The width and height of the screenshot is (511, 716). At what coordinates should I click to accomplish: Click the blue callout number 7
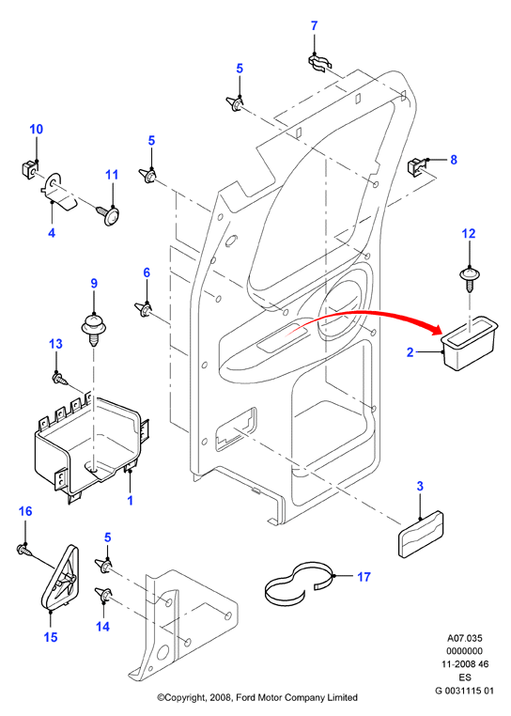coord(314,26)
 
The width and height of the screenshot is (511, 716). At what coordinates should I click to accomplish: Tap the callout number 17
coord(364,577)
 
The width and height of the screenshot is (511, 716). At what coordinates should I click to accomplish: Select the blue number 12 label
coord(469,234)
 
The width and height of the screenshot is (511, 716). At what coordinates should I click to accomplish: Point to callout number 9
coord(94,284)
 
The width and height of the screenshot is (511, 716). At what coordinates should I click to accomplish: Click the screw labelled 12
coord(469,280)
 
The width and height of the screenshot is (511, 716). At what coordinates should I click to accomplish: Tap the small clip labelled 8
coord(415,165)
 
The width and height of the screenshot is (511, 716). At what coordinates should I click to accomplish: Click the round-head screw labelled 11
coord(108,214)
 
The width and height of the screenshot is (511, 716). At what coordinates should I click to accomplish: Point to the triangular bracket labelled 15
coord(61,577)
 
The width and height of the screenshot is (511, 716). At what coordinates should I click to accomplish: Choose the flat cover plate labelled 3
coord(421,534)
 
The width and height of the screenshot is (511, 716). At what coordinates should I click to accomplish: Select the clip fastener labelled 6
coord(144,309)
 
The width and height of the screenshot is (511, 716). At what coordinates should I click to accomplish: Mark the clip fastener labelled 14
coord(102,595)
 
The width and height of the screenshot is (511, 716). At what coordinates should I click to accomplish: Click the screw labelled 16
coord(25,550)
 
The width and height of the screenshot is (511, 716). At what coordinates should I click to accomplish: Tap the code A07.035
coord(464,638)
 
